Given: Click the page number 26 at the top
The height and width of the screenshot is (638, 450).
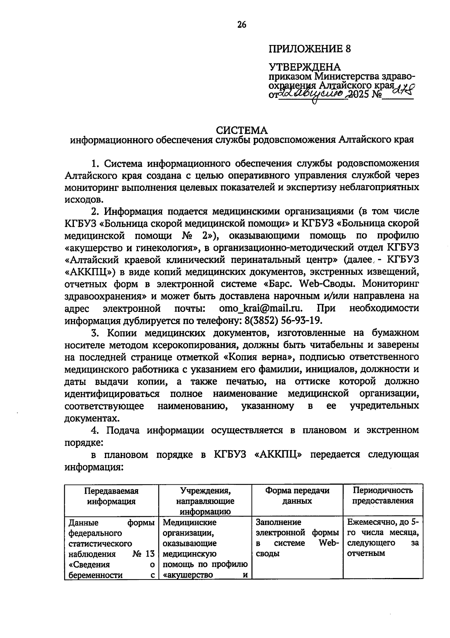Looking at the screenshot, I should point(241,25).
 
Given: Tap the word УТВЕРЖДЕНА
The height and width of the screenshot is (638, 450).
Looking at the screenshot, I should point(304,67).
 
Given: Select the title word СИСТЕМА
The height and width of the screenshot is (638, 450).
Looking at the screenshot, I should point(242,130).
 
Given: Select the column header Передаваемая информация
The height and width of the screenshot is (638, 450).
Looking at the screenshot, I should point(111,496).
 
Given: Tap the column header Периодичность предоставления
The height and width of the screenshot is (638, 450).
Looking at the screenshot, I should point(382,496).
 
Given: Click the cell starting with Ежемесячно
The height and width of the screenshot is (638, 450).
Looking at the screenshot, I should point(382,538).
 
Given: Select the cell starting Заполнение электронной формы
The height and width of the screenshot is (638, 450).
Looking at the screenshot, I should point(297,538).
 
